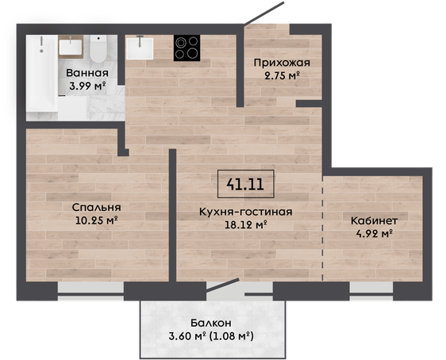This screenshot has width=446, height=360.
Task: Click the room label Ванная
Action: (x=87, y=73)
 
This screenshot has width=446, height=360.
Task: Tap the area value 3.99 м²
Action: (x=87, y=85)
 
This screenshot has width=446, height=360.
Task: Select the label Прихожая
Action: (x=282, y=63)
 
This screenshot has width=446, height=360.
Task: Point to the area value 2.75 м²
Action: (x=283, y=75)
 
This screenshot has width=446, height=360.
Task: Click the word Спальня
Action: (x=97, y=208)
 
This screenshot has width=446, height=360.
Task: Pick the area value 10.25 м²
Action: (x=97, y=220)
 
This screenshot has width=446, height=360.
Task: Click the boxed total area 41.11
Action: (x=245, y=184)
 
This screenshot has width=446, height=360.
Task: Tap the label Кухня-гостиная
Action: (x=246, y=212)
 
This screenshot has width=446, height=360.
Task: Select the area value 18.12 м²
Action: (x=246, y=224)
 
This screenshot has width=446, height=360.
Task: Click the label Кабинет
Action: (x=374, y=220)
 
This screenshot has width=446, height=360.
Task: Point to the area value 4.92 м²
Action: (x=375, y=234)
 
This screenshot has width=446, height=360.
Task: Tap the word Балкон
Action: (x=211, y=323)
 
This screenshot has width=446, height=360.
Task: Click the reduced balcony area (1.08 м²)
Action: (x=231, y=336)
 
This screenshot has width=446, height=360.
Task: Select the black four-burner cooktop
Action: (x=186, y=48)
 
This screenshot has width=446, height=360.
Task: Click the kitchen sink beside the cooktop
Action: (x=140, y=48)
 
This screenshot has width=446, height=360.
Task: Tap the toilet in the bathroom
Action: (x=98, y=48)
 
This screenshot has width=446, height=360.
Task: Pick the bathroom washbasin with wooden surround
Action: (x=71, y=47)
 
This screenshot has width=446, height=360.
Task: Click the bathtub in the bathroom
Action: (x=42, y=73)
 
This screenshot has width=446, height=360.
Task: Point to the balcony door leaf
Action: (x=222, y=285)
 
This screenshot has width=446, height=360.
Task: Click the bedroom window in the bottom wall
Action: (x=90, y=291)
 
